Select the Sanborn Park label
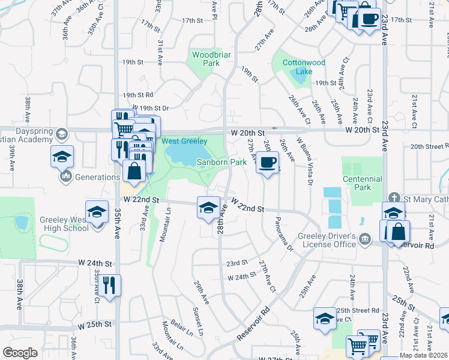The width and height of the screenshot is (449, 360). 222,163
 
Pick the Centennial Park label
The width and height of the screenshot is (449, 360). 362,183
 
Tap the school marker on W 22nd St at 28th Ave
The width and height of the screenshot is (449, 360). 208,208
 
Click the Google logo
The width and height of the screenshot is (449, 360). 20,353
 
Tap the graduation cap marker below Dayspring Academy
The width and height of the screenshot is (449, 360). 62,157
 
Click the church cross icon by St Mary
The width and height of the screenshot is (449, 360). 394,197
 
